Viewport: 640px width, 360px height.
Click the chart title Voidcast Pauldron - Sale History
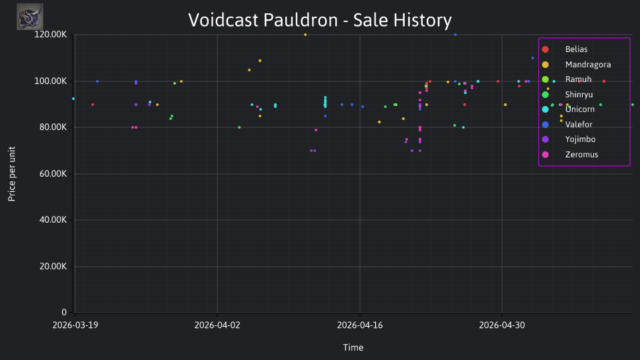click(x=319, y=20)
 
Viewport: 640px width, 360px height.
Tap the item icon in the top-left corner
click(x=30, y=17)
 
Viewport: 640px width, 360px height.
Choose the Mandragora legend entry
click(x=576, y=65)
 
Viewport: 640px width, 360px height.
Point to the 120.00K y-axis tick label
click(x=51, y=34)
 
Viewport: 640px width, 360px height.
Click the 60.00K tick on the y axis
click(x=53, y=174)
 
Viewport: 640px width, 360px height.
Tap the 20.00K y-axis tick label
click(x=53, y=267)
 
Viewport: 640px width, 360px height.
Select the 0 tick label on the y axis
click(x=64, y=313)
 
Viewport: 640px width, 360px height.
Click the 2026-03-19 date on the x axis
click(x=75, y=325)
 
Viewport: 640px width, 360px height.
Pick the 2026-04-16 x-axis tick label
click(x=359, y=325)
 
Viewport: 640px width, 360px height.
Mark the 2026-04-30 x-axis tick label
click(x=501, y=325)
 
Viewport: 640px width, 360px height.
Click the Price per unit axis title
click(x=12, y=174)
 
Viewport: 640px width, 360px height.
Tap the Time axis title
click(x=353, y=348)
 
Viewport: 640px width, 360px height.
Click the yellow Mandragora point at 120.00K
click(x=305, y=35)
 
